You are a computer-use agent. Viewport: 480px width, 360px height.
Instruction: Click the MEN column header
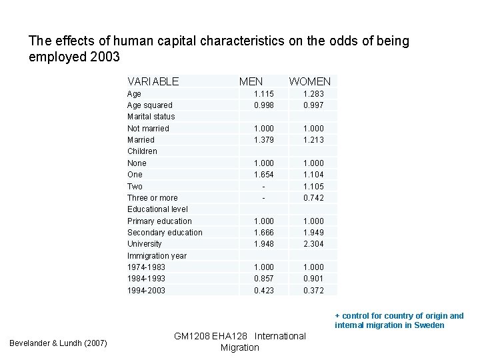click(x=251, y=81)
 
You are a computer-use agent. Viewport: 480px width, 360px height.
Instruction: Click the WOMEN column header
click(x=309, y=81)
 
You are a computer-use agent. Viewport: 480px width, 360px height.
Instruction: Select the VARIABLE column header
click(x=153, y=81)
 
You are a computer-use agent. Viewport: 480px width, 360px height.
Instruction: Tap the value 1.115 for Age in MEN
click(x=264, y=94)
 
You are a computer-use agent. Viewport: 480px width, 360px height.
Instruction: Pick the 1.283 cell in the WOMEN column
click(x=313, y=94)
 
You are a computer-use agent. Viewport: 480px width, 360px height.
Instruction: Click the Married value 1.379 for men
click(x=264, y=140)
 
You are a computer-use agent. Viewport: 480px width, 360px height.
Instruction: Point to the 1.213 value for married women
click(x=313, y=140)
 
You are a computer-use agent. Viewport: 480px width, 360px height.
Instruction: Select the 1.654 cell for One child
click(x=264, y=175)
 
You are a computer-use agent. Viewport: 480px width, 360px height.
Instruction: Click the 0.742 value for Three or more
click(x=313, y=198)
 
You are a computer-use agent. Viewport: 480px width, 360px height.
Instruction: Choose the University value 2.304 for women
click(x=313, y=244)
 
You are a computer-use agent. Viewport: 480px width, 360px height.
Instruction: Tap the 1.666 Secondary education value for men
click(x=264, y=233)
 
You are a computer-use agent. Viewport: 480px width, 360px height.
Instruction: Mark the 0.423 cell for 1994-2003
click(x=264, y=291)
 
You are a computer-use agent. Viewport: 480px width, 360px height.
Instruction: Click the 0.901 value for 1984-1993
click(x=313, y=279)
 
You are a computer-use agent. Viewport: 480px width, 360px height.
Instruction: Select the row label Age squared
click(x=149, y=105)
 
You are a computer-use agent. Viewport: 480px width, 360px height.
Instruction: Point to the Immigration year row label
click(x=157, y=256)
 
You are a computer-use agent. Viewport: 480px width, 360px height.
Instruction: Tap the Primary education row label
click(x=159, y=221)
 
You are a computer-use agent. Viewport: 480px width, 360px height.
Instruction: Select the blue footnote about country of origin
click(x=399, y=321)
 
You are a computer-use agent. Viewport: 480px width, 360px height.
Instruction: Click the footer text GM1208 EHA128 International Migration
click(x=239, y=341)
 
